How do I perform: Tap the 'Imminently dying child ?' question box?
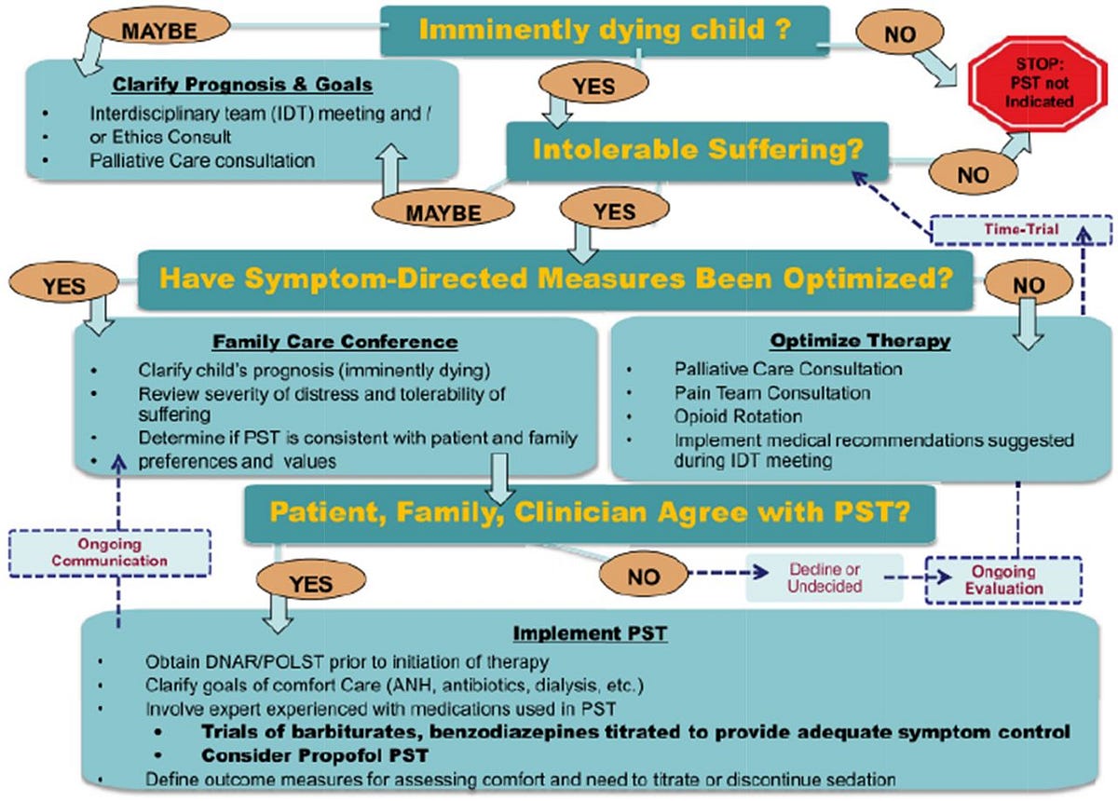point(605,29)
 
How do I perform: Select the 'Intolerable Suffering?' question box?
point(697,148)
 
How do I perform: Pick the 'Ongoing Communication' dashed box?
point(110,553)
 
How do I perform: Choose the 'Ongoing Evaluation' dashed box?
point(1002,579)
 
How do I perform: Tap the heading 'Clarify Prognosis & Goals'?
point(241,85)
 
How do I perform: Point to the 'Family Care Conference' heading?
point(334,341)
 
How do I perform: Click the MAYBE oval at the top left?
point(158,30)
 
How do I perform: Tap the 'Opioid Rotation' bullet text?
point(738,416)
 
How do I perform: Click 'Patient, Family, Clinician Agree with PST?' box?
point(590,511)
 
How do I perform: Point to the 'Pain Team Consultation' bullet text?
point(772,393)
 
